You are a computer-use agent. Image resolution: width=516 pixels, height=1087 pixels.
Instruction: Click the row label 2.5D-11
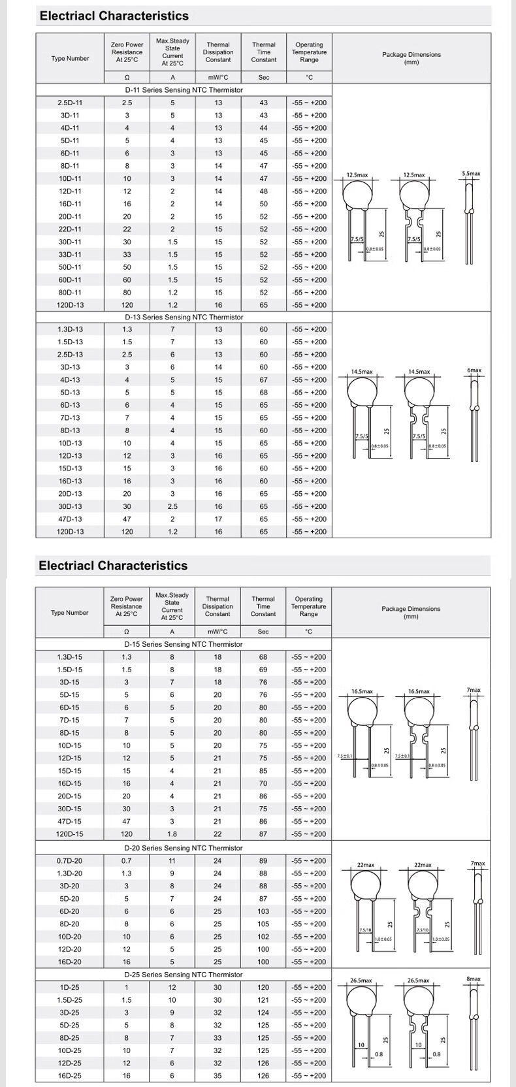point(70,103)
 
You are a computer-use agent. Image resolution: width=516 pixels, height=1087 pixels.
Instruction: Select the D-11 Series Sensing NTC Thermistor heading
point(184,90)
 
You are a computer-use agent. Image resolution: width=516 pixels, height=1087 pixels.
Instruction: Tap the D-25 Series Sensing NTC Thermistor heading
point(184,974)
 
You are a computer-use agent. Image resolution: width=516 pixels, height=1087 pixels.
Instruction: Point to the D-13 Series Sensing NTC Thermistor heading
point(184,317)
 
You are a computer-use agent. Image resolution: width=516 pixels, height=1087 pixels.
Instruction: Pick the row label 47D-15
point(70,821)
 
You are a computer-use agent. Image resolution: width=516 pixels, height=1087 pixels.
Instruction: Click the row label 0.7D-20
point(70,860)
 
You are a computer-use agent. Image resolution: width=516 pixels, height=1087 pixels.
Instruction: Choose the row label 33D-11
point(70,254)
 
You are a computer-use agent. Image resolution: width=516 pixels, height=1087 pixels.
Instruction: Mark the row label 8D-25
point(70,1037)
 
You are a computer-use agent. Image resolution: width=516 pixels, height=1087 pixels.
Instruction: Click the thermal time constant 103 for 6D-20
point(263,911)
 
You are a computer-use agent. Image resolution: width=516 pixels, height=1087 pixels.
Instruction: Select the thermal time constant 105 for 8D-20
point(263,924)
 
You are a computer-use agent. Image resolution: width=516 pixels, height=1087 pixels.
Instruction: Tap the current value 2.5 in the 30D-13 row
point(172,506)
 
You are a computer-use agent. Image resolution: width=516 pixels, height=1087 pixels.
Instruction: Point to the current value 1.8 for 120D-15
point(172,834)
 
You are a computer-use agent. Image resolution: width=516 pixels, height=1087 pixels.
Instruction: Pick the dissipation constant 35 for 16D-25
point(218,1075)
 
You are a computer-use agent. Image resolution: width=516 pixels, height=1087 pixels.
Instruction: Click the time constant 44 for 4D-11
point(264,128)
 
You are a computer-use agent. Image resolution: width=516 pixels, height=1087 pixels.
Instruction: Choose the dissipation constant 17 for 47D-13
point(218,519)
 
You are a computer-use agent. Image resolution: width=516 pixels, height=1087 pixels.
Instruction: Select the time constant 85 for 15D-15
point(263,770)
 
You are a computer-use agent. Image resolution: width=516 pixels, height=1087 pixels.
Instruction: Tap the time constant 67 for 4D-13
point(264,380)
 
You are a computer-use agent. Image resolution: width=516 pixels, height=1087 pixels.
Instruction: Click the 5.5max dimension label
point(471,174)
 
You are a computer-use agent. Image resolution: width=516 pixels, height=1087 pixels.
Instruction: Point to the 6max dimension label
point(474,370)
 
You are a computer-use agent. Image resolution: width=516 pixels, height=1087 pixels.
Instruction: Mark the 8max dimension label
point(474,979)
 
